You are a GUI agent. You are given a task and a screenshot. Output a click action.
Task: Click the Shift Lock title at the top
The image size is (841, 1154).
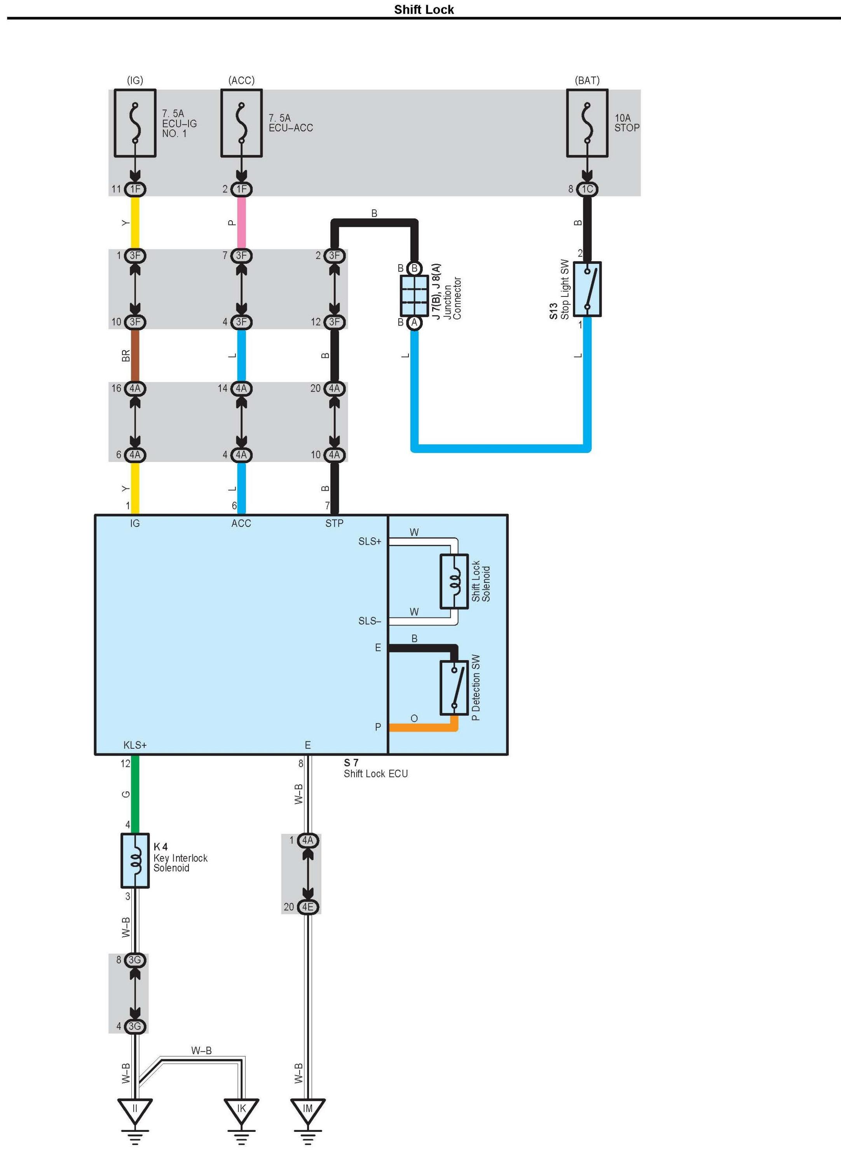point(424,10)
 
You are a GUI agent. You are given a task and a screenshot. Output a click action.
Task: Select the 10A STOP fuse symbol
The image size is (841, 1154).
point(587,123)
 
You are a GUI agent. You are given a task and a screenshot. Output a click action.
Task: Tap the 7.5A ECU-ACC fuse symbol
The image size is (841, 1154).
point(241,123)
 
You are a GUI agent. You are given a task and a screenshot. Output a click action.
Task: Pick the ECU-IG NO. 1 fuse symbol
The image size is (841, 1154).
point(135,123)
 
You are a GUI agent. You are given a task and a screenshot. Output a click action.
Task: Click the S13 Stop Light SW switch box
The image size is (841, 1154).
point(587,289)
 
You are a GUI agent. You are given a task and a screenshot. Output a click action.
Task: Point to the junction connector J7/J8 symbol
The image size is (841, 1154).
point(414,295)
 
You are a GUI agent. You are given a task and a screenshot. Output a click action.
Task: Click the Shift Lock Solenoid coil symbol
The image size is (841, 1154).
point(454,581)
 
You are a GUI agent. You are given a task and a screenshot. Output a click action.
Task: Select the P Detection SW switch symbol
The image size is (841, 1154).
point(454,688)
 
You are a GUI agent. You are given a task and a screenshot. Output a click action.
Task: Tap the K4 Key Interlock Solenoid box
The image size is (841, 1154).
point(135,861)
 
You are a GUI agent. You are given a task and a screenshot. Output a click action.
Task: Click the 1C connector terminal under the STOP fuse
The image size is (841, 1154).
point(587,189)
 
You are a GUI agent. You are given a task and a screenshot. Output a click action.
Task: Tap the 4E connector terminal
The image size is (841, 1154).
point(307,906)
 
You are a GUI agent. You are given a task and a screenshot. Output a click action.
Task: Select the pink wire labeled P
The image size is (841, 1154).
point(241,223)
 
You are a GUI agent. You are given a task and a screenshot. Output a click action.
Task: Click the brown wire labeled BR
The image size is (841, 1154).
point(135,355)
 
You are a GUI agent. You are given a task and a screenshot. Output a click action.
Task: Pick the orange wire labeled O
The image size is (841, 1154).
point(422,727)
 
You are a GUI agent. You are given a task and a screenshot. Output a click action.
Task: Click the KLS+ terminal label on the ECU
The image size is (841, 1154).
point(135,745)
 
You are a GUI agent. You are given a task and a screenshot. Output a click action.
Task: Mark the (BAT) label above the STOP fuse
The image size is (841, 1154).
point(587,80)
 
